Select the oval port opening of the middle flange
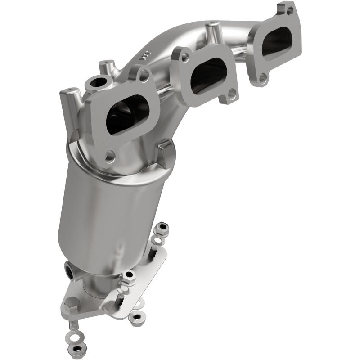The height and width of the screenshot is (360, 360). click(208, 76)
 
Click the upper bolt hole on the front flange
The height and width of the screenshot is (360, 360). click(144, 76)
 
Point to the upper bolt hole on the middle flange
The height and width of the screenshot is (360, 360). click(185, 57)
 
